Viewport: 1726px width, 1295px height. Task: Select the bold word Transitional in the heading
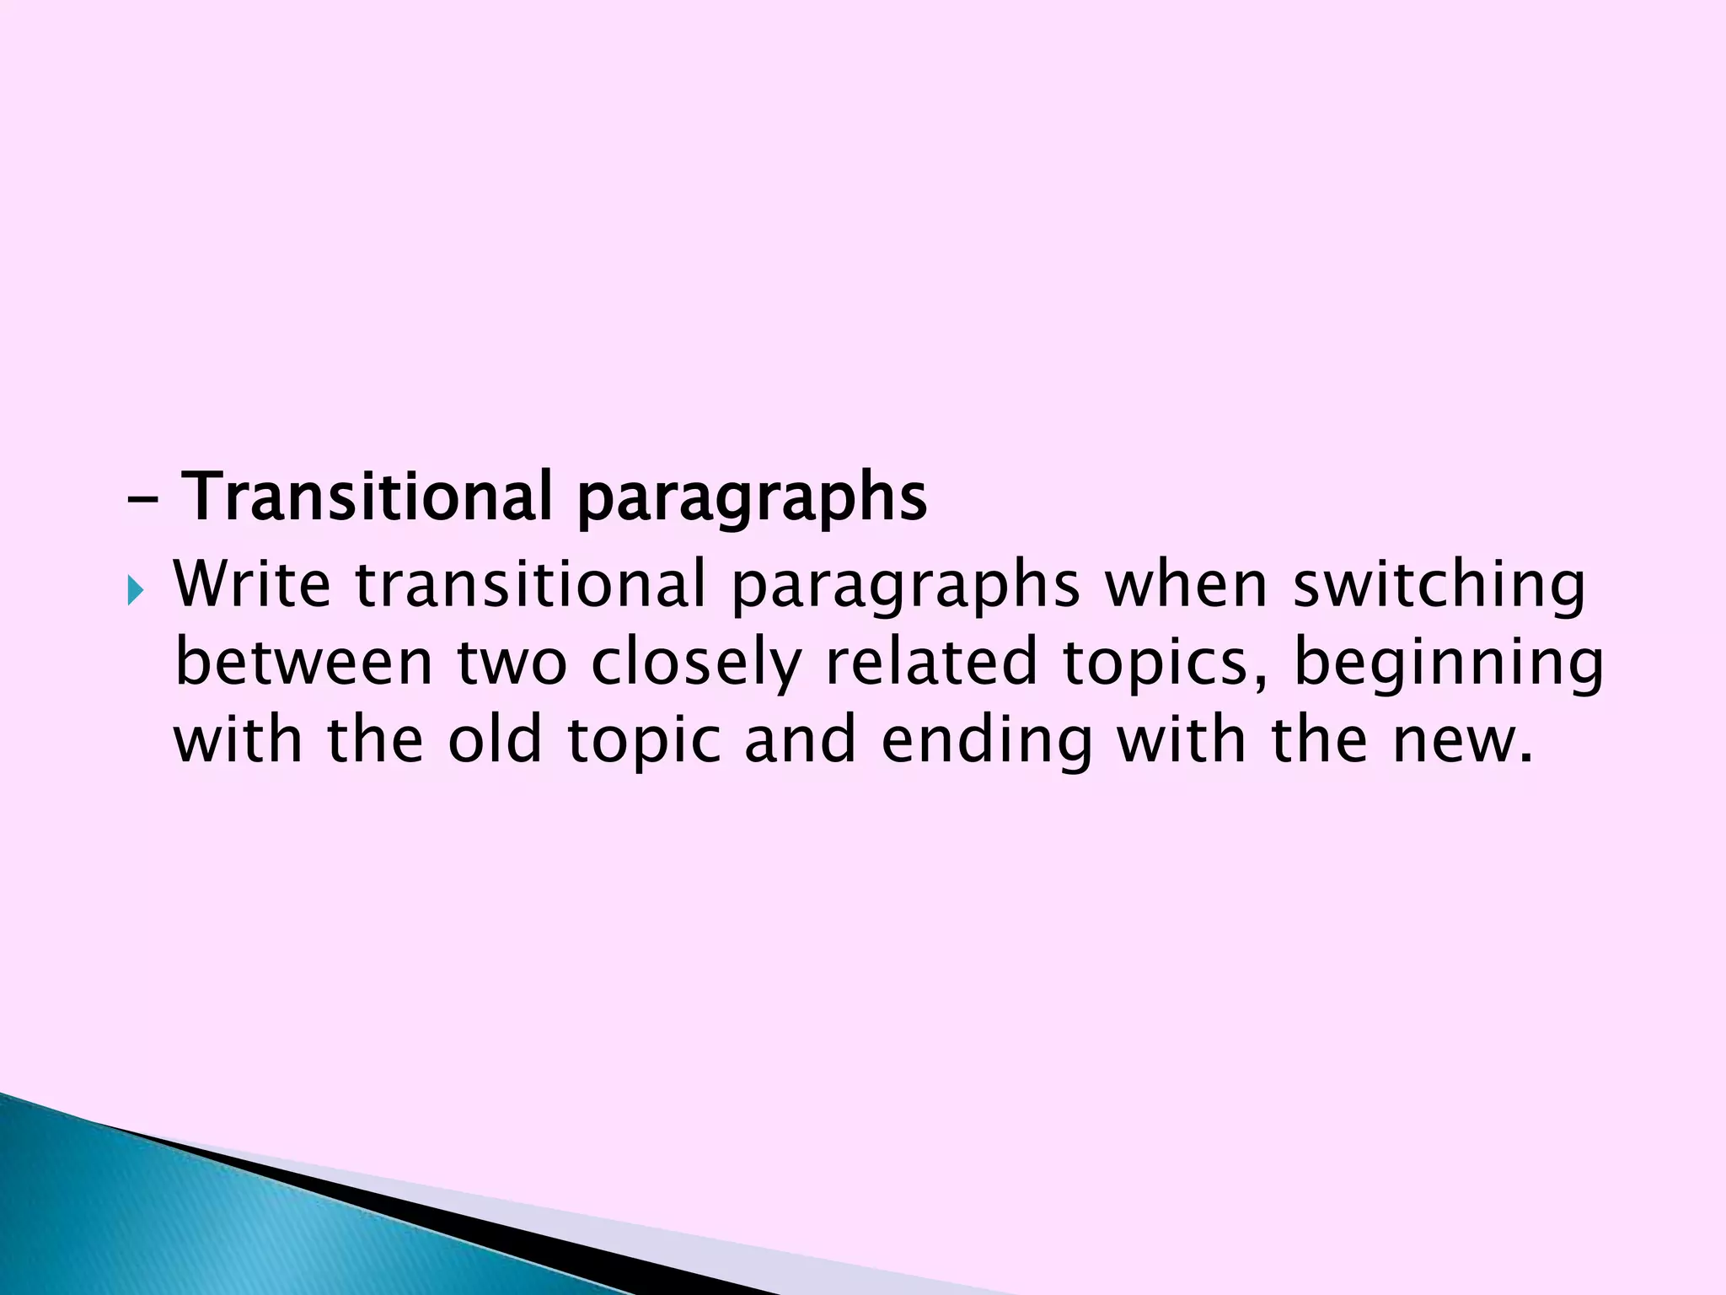pos(367,497)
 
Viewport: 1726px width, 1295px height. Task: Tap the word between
pos(303,662)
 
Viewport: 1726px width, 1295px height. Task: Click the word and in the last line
pos(800,739)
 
